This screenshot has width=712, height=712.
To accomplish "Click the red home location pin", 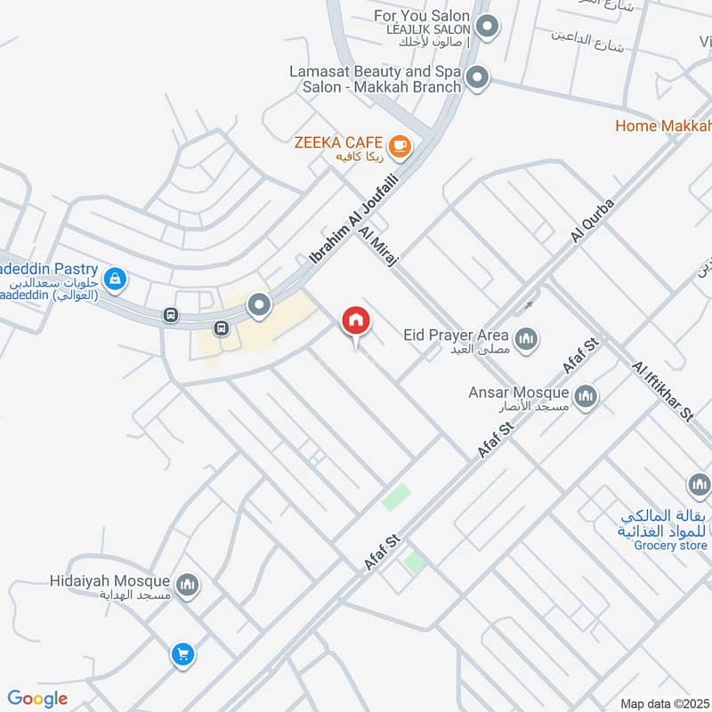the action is tap(355, 321).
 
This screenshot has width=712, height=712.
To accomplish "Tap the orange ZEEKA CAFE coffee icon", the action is tap(400, 144).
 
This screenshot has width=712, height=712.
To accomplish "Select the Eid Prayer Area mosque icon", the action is tap(527, 338).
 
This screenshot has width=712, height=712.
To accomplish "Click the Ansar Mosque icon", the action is tap(586, 395).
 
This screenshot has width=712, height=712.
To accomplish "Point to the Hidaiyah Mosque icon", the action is tap(187, 585).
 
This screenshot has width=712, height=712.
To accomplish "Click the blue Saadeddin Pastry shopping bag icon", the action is tap(114, 279).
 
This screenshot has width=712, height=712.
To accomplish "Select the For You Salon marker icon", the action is tap(486, 28).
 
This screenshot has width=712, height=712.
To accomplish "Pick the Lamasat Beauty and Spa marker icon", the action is tap(478, 78).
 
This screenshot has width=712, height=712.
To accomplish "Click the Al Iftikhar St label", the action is tap(662, 391).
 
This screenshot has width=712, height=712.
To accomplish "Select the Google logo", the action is tap(37, 699).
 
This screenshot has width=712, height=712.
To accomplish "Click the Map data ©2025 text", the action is tap(663, 703).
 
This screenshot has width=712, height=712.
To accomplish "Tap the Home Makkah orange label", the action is tap(663, 125).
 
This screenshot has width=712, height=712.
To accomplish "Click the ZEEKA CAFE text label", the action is tap(339, 142).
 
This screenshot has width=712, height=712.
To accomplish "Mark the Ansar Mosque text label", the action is tap(519, 392).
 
